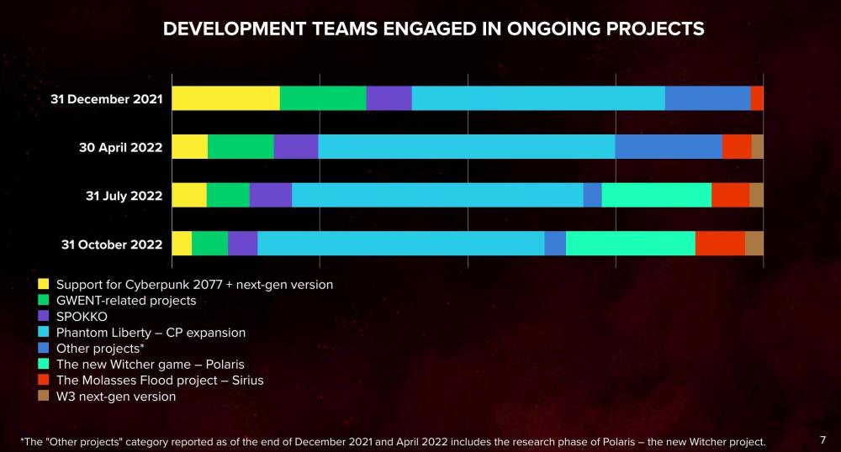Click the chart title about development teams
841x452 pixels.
click(433, 29)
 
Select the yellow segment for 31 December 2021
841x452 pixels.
click(225, 98)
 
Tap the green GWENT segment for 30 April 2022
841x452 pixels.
click(241, 146)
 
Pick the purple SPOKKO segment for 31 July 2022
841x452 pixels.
click(271, 195)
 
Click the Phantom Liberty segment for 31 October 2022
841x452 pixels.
click(401, 244)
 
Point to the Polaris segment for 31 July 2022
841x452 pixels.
click(657, 195)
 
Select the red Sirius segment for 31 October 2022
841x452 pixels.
click(720, 244)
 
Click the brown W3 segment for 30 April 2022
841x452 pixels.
click(757, 146)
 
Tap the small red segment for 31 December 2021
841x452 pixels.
click(757, 98)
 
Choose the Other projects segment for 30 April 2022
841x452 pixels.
click(669, 146)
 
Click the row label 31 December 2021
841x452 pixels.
click(106, 99)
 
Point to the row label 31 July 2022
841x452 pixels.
click(124, 196)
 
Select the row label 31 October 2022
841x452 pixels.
click(112, 244)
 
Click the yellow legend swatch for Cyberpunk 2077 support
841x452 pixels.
click(44, 284)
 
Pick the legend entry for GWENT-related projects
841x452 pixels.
click(126, 300)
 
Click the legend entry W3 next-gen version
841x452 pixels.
click(116, 397)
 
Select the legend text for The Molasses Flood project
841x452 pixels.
click(160, 381)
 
